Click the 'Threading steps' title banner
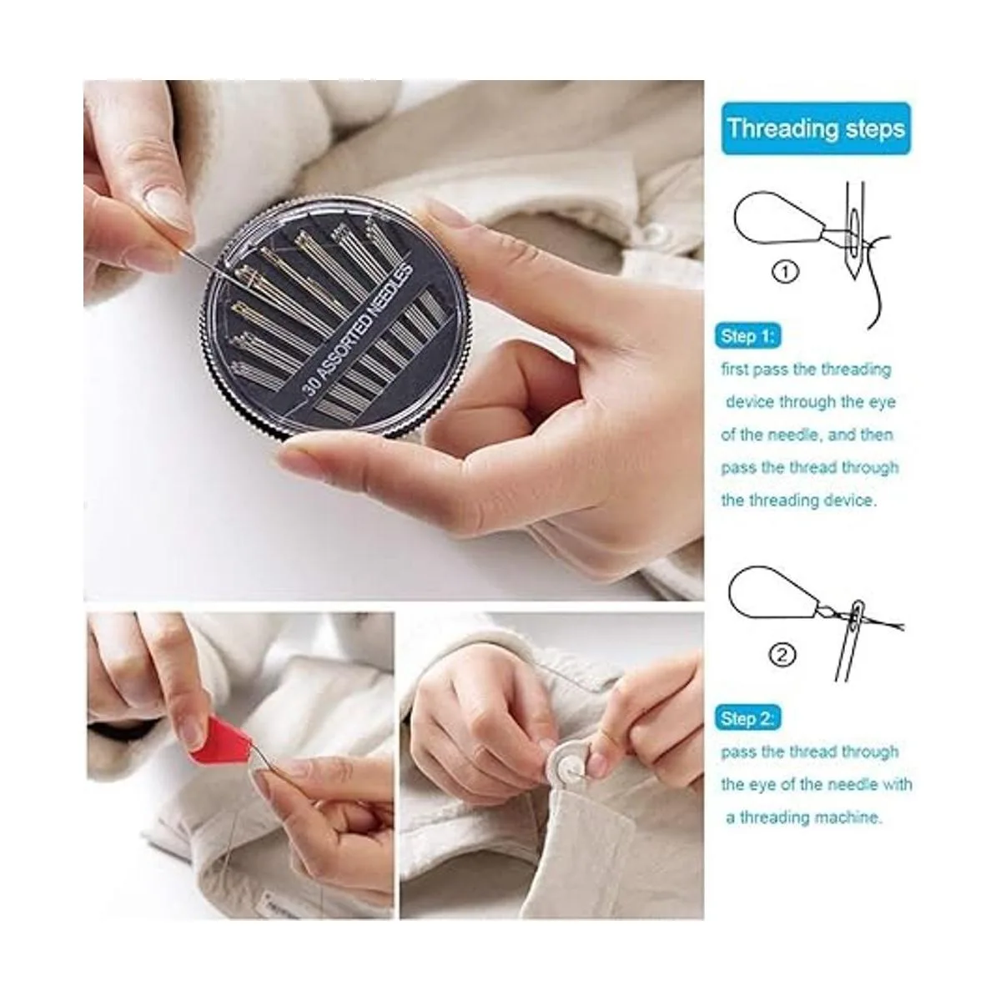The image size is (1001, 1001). click(816, 128)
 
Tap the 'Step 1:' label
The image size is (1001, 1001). click(747, 336)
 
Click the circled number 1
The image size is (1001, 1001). click(785, 272)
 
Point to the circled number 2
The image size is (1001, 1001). click(782, 656)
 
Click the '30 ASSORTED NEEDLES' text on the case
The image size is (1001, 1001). click(358, 329)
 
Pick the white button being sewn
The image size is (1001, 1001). click(570, 767)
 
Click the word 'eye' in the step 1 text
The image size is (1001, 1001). click(882, 402)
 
